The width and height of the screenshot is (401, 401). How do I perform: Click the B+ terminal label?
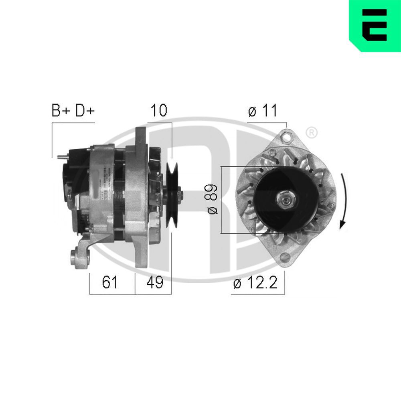pos(61,111)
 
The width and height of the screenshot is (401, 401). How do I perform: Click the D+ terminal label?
pos(85,111)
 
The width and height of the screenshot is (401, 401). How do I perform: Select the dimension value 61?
pos(109,282)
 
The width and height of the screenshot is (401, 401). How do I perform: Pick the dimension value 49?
pos(154,282)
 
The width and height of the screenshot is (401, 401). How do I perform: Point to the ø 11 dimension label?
pos(263,111)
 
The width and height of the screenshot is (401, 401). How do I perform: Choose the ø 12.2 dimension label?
pos(255,283)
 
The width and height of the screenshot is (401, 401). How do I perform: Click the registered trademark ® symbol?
pos(312,132)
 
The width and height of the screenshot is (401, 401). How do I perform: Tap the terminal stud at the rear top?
pos(61,157)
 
